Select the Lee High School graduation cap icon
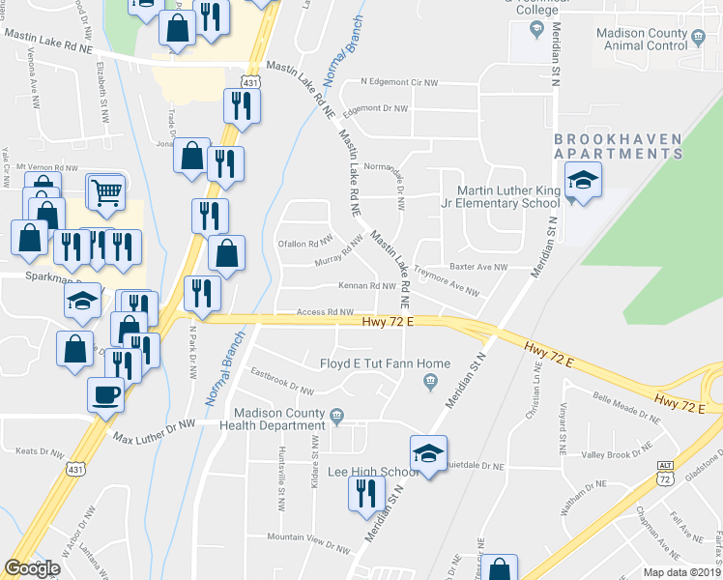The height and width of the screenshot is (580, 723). point(429,452)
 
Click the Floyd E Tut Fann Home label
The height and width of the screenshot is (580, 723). point(386,364)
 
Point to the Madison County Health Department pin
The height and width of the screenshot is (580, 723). point(337,418)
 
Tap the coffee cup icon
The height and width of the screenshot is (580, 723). point(106,394)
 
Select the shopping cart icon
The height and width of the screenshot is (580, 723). point(106,190)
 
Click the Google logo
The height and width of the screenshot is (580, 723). point(32,568)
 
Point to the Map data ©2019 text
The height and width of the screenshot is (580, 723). point(681,572)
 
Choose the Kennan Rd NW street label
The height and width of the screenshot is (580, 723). point(367,286)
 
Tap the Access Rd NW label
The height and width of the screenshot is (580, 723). point(325,312)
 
